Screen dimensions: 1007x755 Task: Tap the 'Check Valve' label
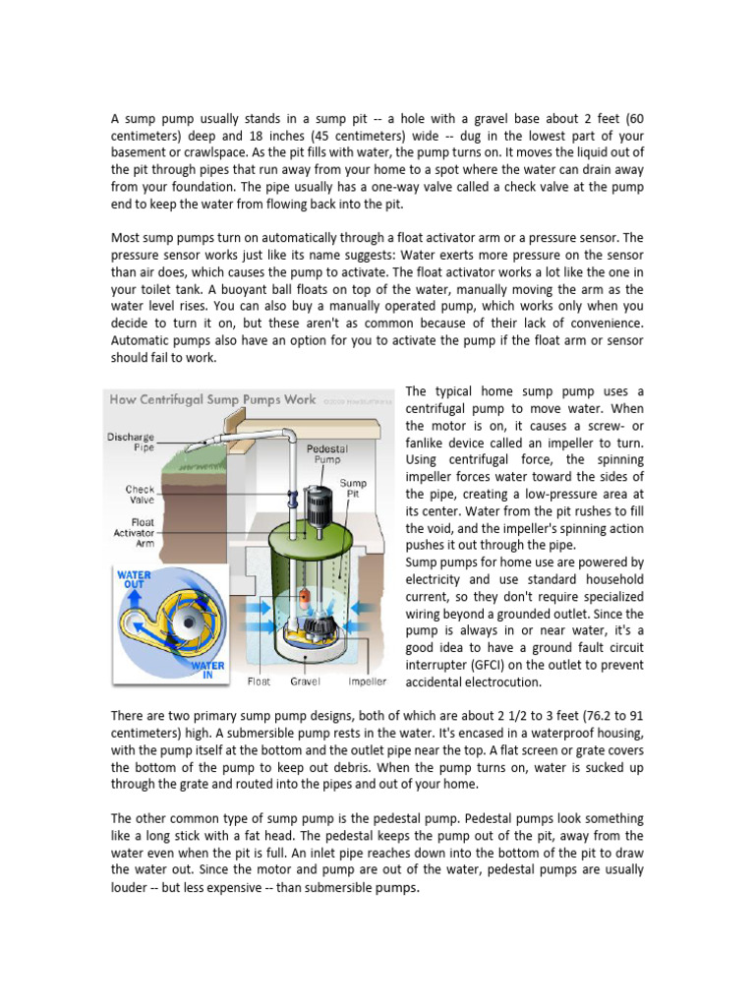pos(140,494)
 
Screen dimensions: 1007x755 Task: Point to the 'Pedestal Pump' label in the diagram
pos(326,452)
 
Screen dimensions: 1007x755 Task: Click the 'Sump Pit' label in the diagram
pos(353,489)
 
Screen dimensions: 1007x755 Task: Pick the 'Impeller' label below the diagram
pos(367,681)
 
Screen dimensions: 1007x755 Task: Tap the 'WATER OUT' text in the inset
pos(133,578)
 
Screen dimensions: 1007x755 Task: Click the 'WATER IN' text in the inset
pos(208,671)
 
